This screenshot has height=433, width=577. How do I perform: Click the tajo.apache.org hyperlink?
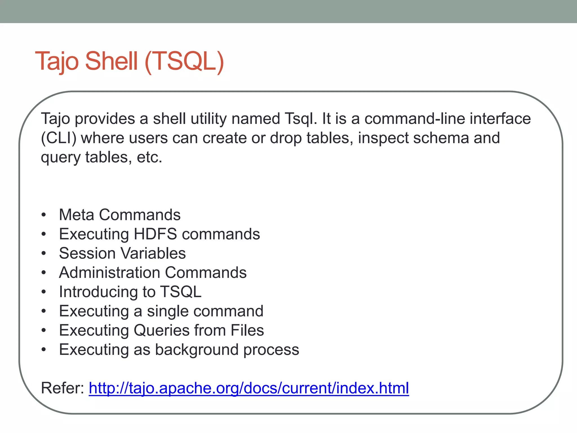pyautogui.click(x=248, y=388)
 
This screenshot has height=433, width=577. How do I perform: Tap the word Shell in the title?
pyautogui.click(x=111, y=61)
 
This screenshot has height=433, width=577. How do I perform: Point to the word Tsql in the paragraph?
pyautogui.click(x=301, y=119)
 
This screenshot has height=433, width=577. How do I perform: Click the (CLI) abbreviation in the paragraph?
pyautogui.click(x=59, y=138)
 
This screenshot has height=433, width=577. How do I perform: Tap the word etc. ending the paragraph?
pyautogui.click(x=150, y=157)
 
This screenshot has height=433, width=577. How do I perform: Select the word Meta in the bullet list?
pyautogui.click(x=76, y=215)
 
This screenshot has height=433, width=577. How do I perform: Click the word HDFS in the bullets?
pyautogui.click(x=155, y=234)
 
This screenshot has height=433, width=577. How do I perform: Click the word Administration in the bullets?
pyautogui.click(x=110, y=273)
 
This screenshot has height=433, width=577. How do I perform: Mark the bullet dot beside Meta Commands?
pyautogui.click(x=43, y=215)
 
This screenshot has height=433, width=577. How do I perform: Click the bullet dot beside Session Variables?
pyautogui.click(x=43, y=254)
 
